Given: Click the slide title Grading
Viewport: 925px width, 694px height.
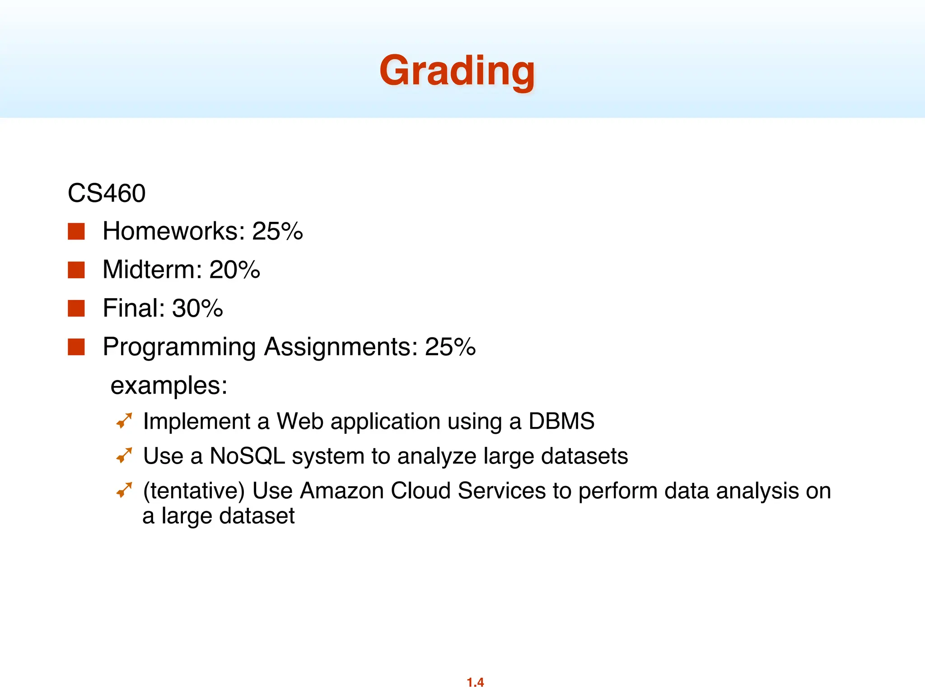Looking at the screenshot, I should pyautogui.click(x=457, y=71).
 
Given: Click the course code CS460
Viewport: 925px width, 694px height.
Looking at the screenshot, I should pyautogui.click(x=107, y=193).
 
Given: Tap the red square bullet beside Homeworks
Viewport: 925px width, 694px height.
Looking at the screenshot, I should pyautogui.click(x=76, y=231).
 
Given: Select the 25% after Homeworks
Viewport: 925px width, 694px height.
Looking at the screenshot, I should pyautogui.click(x=277, y=231).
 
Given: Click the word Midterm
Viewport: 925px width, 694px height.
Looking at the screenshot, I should pyautogui.click(x=152, y=270).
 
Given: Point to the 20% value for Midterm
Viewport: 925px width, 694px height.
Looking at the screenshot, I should pyautogui.click(x=234, y=270).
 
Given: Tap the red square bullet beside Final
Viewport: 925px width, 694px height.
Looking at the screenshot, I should pyautogui.click(x=76, y=309).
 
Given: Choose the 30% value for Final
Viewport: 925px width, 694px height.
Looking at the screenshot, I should pyautogui.click(x=197, y=309).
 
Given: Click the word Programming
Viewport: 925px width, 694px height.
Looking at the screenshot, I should pyautogui.click(x=179, y=347).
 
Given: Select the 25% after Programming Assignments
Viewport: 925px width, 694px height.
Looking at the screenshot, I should pyautogui.click(x=450, y=347).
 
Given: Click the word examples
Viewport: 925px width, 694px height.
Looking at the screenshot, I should pyautogui.click(x=168, y=386).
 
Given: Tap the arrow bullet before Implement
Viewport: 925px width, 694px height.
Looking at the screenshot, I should pyautogui.click(x=124, y=421).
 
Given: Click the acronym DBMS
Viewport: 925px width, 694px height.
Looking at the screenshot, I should pyautogui.click(x=561, y=421).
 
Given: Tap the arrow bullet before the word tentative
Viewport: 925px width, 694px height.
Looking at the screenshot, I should pyautogui.click(x=124, y=490).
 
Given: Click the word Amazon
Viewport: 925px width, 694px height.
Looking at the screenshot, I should pyautogui.click(x=341, y=491).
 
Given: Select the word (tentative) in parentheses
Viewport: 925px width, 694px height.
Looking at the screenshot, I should pyautogui.click(x=194, y=491).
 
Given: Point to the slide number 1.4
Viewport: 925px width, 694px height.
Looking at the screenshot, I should pyautogui.click(x=475, y=682).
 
